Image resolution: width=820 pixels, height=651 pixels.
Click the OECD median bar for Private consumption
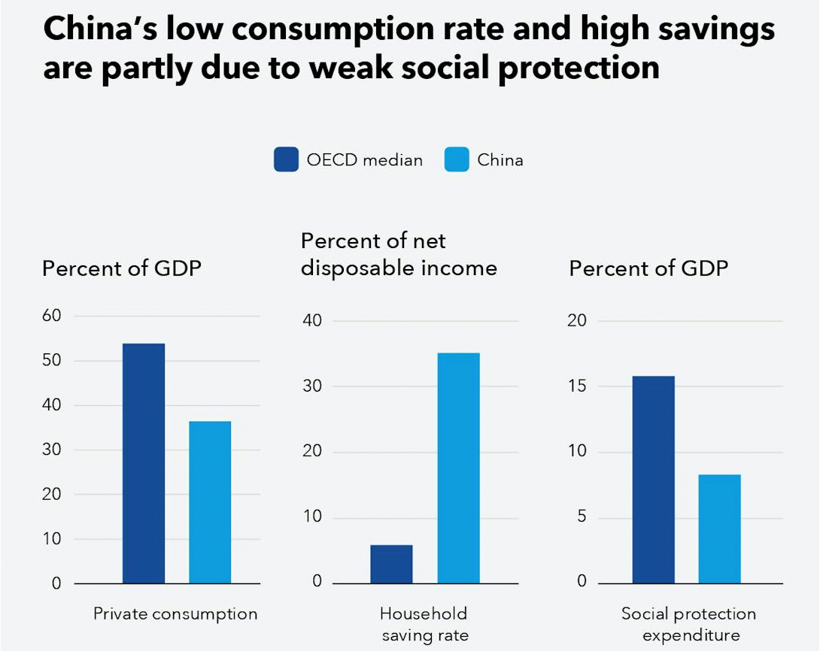(x=144, y=463)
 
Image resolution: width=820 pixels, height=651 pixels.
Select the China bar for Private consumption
(x=210, y=502)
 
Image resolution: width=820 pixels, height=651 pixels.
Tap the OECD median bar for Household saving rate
(x=391, y=564)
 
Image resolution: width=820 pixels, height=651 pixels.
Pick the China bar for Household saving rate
(x=458, y=468)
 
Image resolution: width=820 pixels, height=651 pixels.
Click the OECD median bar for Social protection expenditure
(x=653, y=480)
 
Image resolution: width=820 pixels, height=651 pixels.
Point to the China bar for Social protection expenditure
(x=719, y=528)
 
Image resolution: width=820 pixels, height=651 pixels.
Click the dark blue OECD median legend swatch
(x=286, y=159)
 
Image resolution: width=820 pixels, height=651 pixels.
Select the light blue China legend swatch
(x=457, y=159)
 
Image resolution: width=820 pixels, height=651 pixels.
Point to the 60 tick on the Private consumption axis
(x=51, y=316)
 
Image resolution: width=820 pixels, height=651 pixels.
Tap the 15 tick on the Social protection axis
(x=576, y=386)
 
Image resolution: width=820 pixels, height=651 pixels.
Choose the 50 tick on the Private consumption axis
(x=51, y=361)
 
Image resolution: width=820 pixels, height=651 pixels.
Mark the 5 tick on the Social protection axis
(x=581, y=517)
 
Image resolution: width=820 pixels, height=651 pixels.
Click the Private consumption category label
(x=175, y=613)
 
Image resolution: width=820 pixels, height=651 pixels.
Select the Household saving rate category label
(x=424, y=624)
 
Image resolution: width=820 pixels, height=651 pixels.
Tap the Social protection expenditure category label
(x=688, y=624)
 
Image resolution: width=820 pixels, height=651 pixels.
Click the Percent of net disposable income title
(x=399, y=254)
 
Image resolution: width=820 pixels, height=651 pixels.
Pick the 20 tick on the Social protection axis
(x=576, y=321)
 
